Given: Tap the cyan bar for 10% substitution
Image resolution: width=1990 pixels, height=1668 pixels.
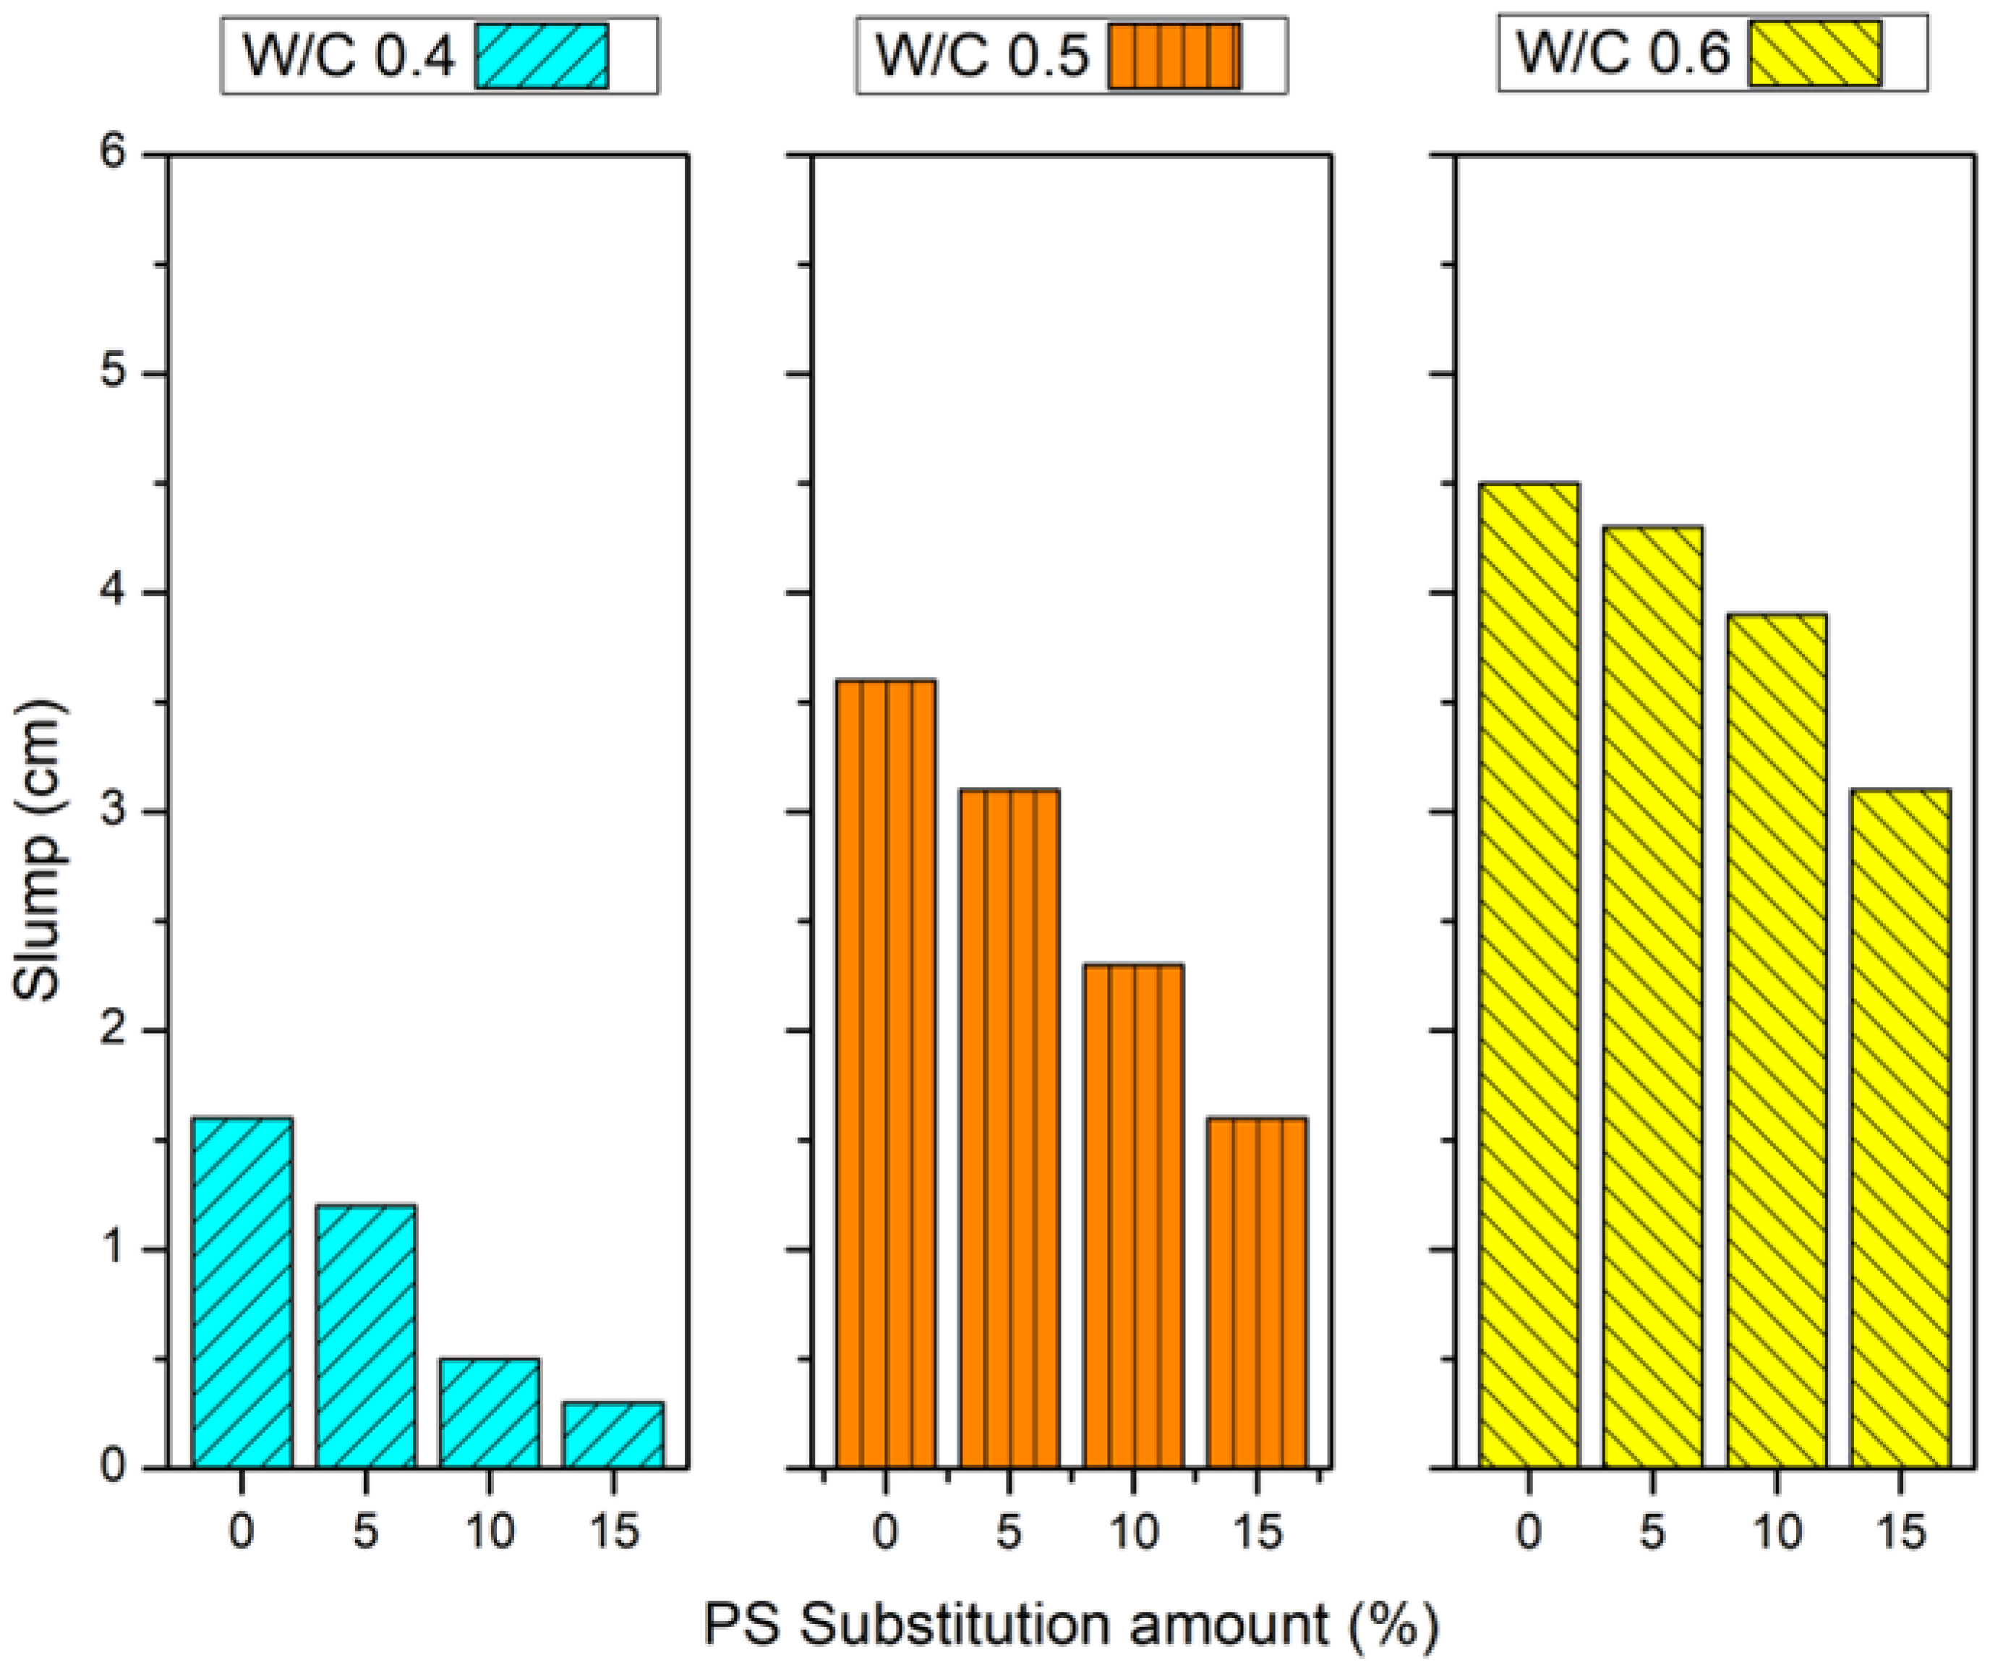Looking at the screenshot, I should coord(489,1412).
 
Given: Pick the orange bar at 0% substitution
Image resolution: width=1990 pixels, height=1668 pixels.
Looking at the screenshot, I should coord(885,1071).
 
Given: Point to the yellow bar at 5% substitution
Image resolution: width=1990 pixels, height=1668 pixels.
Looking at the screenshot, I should coord(1652,995).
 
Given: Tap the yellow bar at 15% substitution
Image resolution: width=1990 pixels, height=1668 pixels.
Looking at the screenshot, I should coord(1900,1128).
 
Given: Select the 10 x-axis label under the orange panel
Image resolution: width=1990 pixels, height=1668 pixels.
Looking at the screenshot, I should coord(1133,1531).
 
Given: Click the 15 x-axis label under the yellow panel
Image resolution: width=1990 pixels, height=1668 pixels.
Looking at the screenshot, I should coord(1900,1531).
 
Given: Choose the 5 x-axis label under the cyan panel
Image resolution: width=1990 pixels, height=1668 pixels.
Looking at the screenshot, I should coord(366,1531).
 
